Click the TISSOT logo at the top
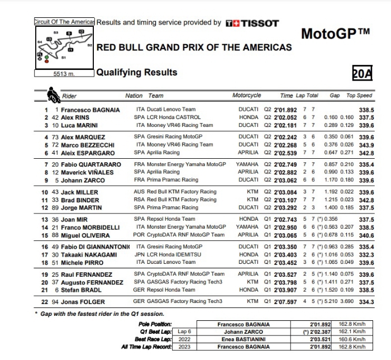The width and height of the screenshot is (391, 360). pos(252,23)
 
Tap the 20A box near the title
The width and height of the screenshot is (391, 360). pos(362,73)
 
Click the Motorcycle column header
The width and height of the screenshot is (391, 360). pos(246,96)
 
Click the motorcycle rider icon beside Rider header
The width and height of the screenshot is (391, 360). pos(53,94)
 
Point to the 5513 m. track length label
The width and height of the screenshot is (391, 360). pos(64,74)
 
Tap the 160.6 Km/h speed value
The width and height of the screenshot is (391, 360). pos(351,339)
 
